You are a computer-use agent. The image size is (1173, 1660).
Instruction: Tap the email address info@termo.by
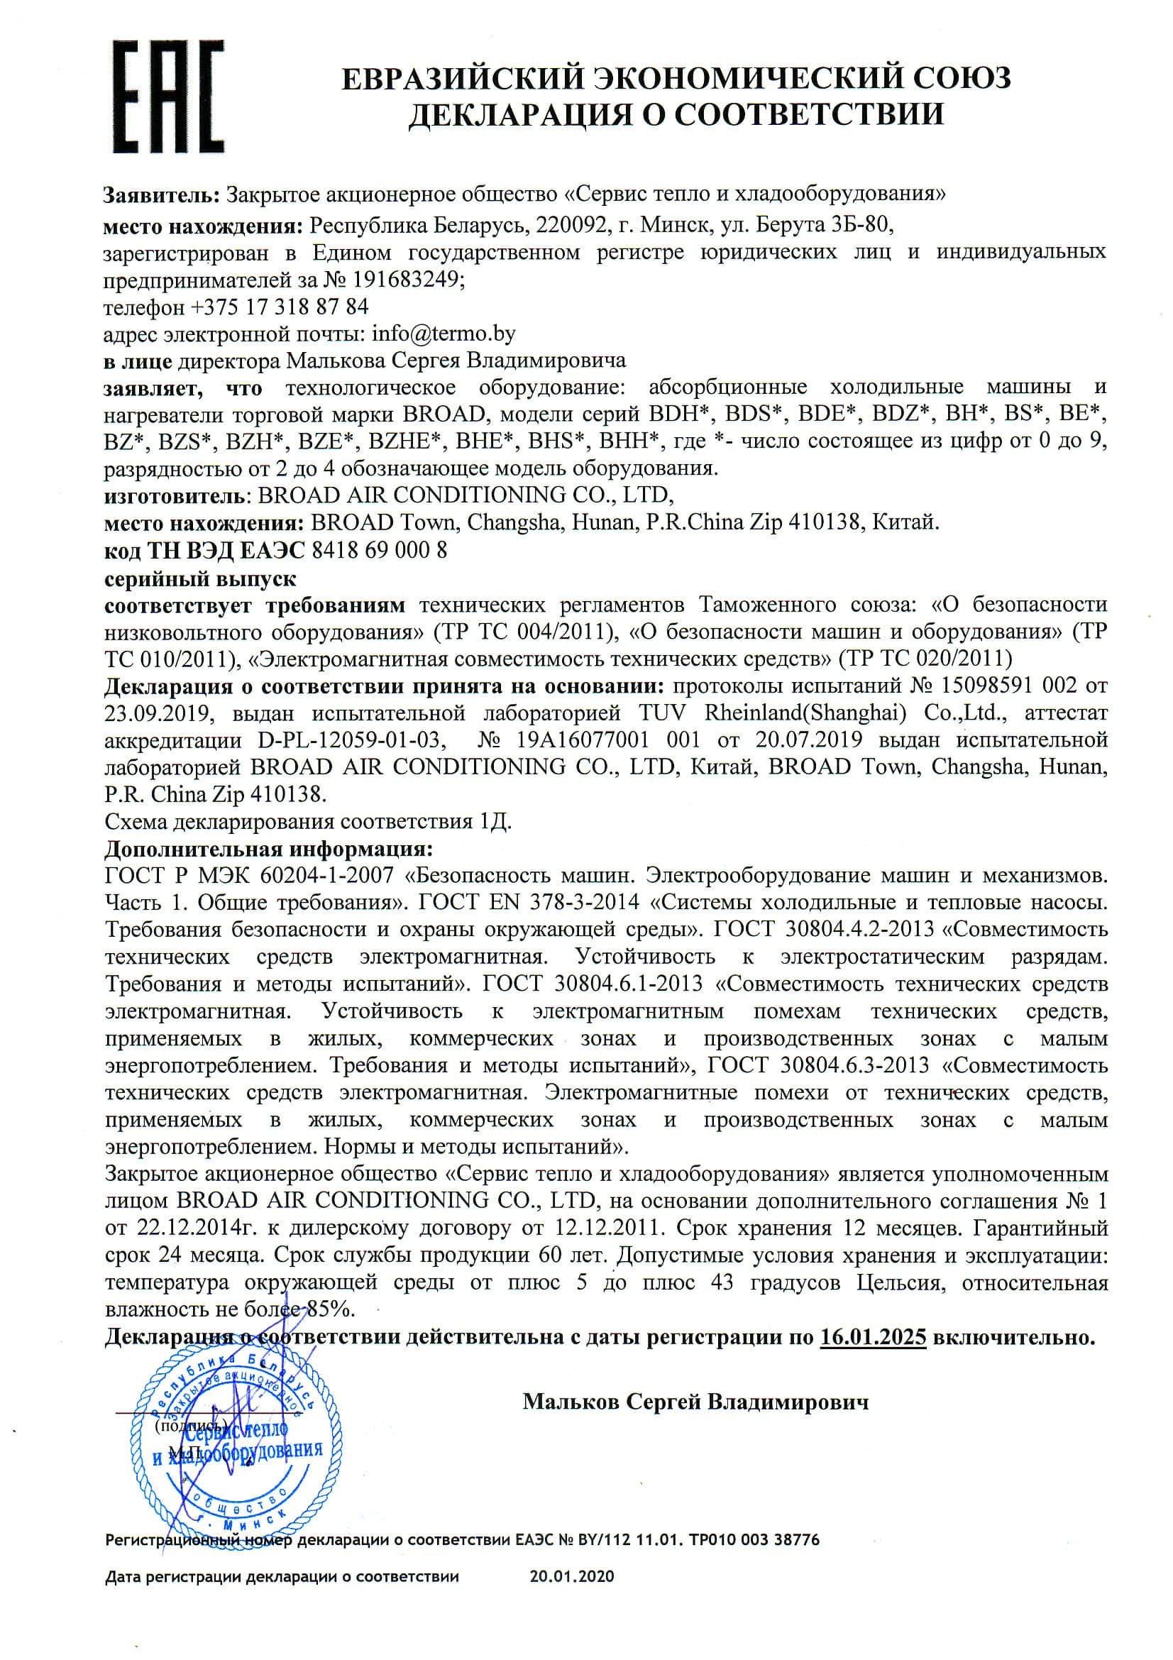(x=443, y=334)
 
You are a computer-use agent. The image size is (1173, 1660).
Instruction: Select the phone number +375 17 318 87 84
(x=280, y=307)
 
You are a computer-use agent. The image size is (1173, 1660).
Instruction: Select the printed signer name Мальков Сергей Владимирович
(x=695, y=1402)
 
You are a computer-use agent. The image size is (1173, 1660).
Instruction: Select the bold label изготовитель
(x=174, y=495)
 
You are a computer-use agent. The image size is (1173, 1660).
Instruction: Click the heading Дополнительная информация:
(x=270, y=847)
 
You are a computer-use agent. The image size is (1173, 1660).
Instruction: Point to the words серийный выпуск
(x=200, y=579)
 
